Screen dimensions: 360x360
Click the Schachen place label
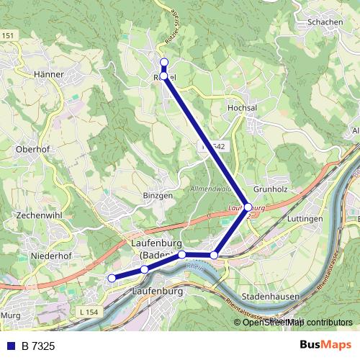coord(325,22)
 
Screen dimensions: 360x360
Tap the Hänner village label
coord(50,74)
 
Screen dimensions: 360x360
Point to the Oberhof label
coord(32,149)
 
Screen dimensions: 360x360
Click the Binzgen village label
coord(158,195)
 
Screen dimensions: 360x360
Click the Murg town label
coord(9,315)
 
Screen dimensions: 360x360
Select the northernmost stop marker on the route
coord(164,62)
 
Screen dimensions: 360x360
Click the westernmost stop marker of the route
coord(111,278)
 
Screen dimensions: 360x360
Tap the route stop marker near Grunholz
coord(248,207)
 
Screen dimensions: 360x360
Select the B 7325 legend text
coord(37,346)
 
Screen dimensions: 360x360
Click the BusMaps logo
coord(326,346)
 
